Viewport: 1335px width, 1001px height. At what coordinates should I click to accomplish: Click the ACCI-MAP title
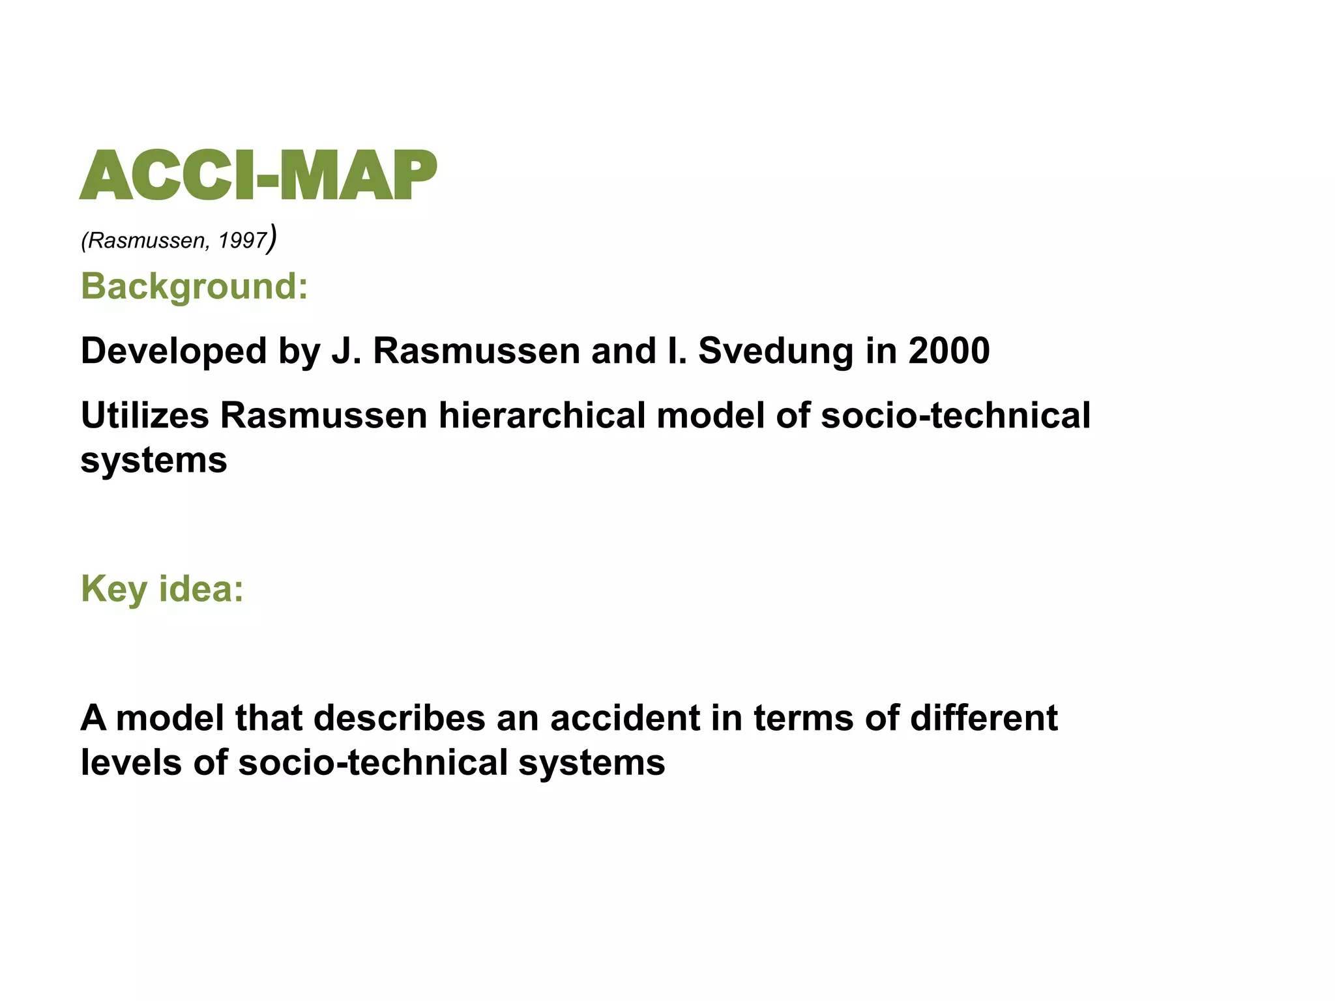click(x=258, y=175)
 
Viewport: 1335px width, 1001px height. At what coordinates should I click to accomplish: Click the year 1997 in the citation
click(x=242, y=241)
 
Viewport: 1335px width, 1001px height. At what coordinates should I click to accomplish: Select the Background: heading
click(x=194, y=286)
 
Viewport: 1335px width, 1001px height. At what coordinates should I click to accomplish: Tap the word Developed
click(x=173, y=351)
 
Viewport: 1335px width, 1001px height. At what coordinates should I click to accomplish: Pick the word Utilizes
click(x=145, y=416)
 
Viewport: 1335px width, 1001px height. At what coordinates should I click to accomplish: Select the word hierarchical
click(x=542, y=416)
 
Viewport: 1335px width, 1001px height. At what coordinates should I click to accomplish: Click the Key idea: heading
click(x=162, y=588)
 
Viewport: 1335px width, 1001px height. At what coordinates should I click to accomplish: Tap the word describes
click(x=399, y=718)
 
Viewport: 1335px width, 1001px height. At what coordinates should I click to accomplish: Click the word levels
click(x=131, y=762)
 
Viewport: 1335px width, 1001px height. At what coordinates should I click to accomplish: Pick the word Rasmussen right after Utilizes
click(x=323, y=416)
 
